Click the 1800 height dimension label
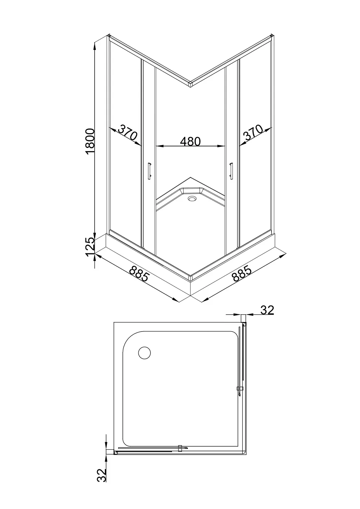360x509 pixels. click(x=90, y=141)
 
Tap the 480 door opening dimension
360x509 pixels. click(x=190, y=141)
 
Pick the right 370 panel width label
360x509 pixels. click(x=253, y=132)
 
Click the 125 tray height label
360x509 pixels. click(x=90, y=247)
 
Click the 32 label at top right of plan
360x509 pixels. click(x=267, y=310)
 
